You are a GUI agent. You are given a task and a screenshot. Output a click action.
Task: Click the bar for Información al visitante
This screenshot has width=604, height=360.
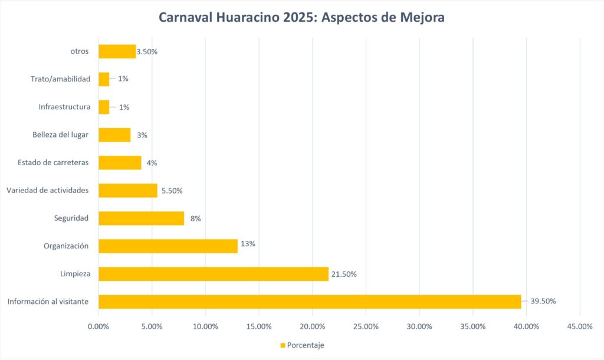pos(310,302)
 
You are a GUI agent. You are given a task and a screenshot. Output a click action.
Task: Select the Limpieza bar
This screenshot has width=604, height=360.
pos(213,274)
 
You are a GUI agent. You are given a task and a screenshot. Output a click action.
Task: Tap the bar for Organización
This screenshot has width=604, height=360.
pos(168,246)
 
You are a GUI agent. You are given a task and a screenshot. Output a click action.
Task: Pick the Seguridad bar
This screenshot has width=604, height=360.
pos(141,218)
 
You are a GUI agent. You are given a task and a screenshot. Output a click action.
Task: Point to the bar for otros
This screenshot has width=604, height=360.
pos(117,51)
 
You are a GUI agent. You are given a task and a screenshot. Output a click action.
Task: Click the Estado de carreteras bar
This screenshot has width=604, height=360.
pos(120,162)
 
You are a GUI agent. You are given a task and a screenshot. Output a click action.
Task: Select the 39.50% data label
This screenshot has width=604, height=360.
pos(543,301)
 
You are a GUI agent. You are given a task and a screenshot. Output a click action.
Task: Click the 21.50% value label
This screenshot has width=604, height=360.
pos(343,274)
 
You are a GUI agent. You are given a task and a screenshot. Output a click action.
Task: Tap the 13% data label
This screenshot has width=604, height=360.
pos(248,244)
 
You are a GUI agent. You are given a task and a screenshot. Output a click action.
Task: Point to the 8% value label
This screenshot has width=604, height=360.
pos(196,218)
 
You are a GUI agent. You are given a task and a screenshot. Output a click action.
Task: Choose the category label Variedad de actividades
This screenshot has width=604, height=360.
pos(47,190)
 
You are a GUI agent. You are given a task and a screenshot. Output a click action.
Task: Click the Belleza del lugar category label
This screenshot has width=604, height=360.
pos(60,135)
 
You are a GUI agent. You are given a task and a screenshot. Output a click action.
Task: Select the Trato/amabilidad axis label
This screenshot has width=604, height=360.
pos(60,78)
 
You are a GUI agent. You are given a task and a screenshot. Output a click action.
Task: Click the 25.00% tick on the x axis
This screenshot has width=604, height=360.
pos(366,326)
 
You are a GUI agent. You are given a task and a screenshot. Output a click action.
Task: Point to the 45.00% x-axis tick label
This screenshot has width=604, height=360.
pos(580,326)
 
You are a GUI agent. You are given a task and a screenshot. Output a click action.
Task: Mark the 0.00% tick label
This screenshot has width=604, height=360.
pos(99,326)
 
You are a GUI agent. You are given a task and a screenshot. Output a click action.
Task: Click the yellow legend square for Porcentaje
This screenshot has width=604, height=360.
pos(282,345)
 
